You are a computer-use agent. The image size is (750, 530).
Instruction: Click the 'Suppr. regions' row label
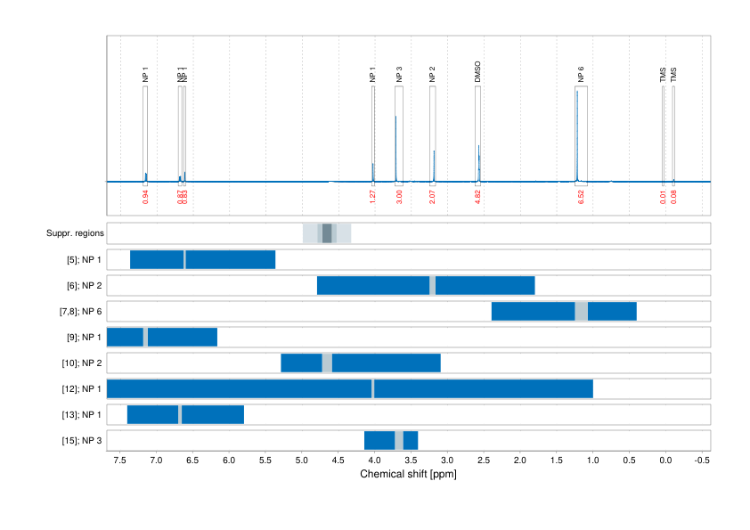pyautogui.click(x=75, y=233)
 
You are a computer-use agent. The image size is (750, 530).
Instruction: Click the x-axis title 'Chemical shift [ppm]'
pyautogui.click(x=408, y=475)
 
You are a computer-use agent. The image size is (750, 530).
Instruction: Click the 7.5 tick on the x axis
pyautogui.click(x=120, y=461)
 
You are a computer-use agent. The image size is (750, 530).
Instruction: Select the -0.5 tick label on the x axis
pyautogui.click(x=701, y=461)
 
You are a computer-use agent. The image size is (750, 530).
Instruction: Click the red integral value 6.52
pyautogui.click(x=581, y=197)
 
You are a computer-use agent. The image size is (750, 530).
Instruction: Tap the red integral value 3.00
pyautogui.click(x=399, y=197)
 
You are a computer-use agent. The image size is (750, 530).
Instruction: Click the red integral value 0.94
pyautogui.click(x=145, y=197)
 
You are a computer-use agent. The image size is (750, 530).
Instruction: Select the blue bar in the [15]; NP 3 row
pyautogui.click(x=379, y=441)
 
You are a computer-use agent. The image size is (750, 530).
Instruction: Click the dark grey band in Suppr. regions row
pyautogui.click(x=327, y=233)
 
